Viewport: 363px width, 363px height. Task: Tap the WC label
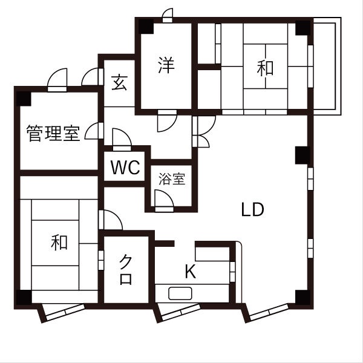pos(126,168)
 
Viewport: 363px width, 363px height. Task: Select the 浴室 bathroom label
pos(171,179)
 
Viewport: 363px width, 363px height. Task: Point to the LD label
pos(252,209)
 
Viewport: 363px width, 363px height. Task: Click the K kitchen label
pos(190,272)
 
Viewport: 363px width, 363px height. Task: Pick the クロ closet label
pos(126,270)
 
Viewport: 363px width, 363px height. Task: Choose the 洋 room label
pos(166,65)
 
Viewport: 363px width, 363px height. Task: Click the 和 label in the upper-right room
pos(265,68)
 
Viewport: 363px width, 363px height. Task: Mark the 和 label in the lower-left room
pos(59,243)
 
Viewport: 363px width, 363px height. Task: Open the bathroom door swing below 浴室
pos(163,200)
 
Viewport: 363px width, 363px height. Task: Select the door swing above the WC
pos(120,139)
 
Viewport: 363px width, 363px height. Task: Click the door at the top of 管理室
pos(58,80)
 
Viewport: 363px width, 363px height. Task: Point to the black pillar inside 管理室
pos(23,97)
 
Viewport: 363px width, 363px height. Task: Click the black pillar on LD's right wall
pos(301,155)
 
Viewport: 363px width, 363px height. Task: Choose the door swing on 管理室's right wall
pos(94,131)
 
